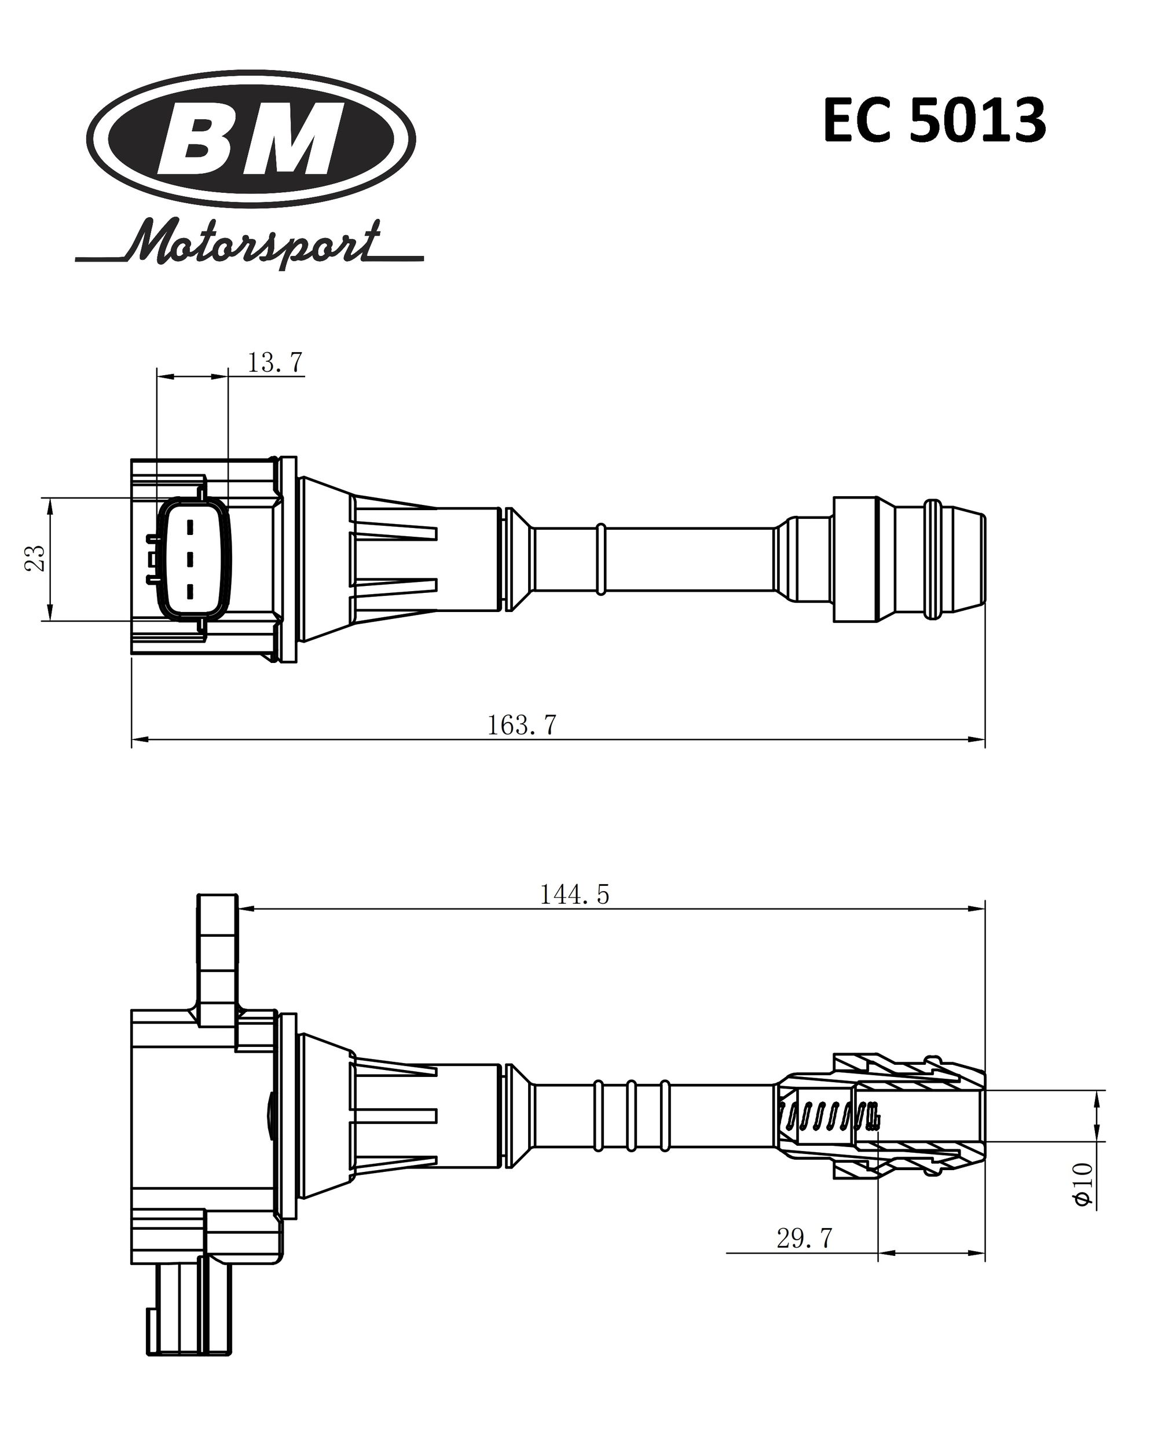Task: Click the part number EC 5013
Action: click(x=933, y=121)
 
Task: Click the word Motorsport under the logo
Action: click(x=254, y=243)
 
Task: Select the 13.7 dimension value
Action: click(x=275, y=362)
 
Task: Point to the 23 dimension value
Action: click(x=35, y=558)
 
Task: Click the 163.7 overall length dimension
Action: click(x=522, y=726)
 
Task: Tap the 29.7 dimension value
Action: click(x=804, y=1239)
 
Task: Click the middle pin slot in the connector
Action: click(x=190, y=558)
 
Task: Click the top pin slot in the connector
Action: click(x=190, y=527)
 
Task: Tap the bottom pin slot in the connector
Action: click(x=190, y=591)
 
